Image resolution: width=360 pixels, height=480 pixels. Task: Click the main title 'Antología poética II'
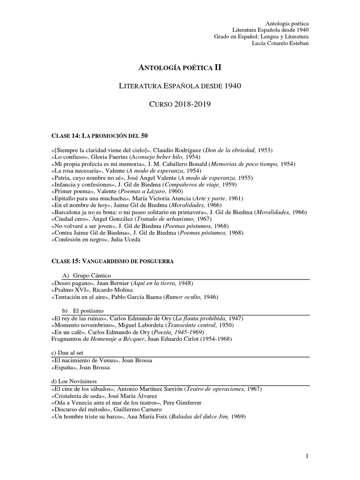click(180, 67)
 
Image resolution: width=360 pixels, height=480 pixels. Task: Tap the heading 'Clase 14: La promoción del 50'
click(99, 136)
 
